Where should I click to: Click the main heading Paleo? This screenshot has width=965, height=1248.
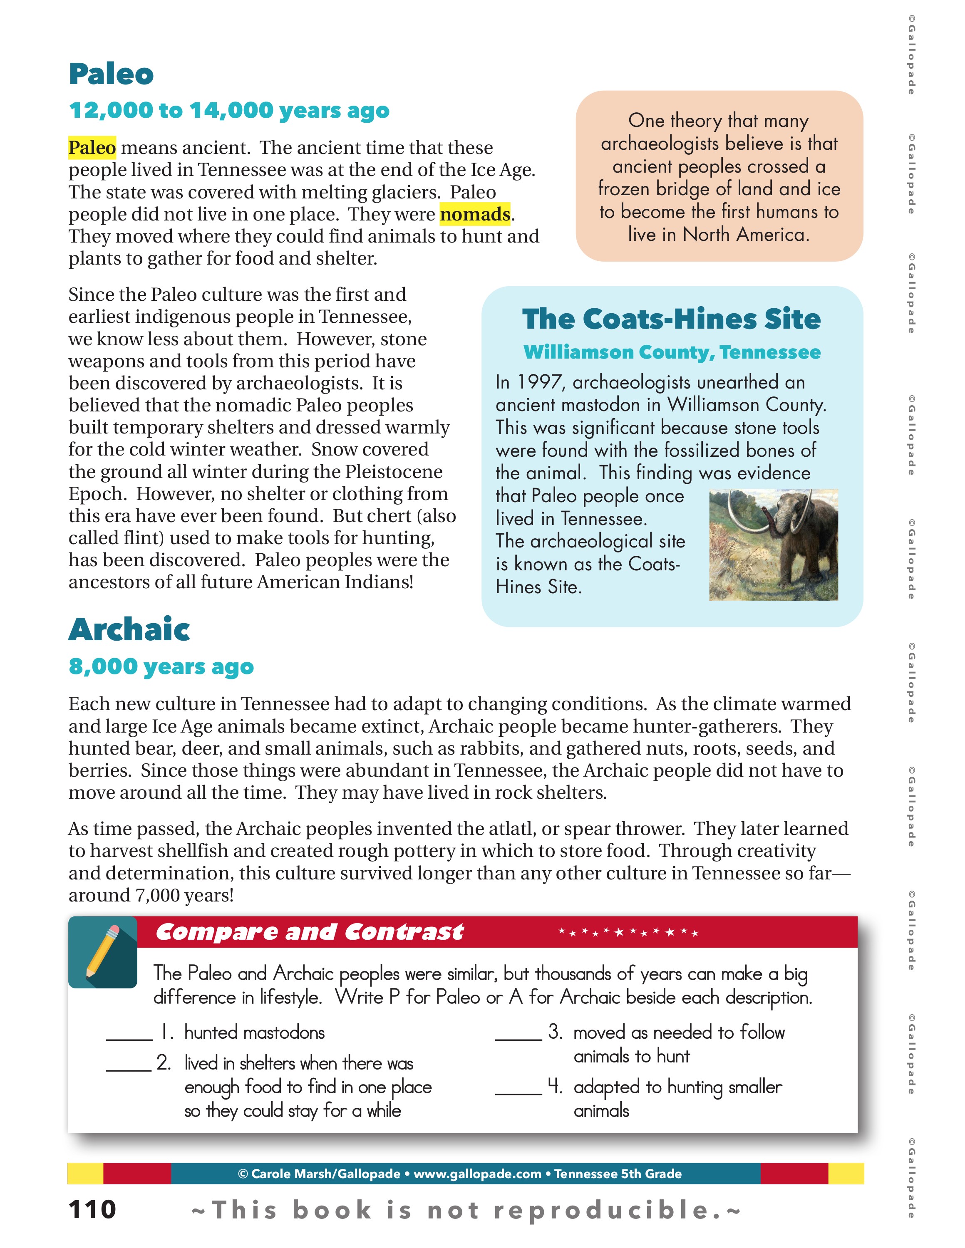click(111, 74)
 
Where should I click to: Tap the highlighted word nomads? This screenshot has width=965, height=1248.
click(474, 214)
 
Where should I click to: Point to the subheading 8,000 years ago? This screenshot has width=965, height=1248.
click(161, 667)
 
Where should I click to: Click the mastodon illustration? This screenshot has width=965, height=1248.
click(773, 545)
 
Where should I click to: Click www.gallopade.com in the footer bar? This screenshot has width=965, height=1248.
click(477, 1174)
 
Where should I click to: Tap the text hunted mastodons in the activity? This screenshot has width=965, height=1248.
click(254, 1033)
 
